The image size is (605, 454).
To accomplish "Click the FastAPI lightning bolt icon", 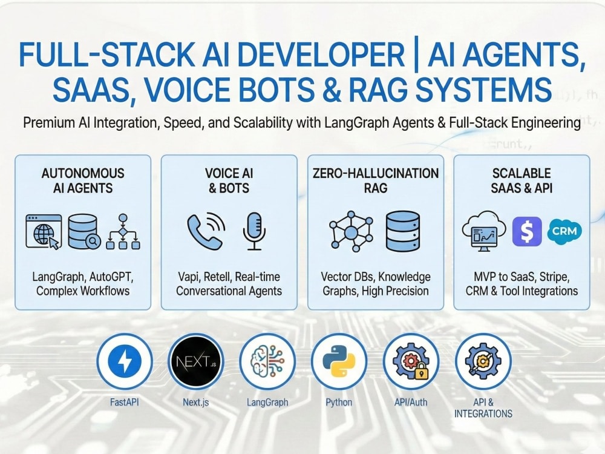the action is point(125,361).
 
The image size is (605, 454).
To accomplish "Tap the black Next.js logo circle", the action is point(196,361).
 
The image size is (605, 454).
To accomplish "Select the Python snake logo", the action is point(339,361).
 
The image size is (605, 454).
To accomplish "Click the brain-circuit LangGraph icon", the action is point(267,361).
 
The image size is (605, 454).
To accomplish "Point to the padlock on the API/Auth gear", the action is point(421,372).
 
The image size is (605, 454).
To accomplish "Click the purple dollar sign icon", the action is point(527,232).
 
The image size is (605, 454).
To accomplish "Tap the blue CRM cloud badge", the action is point(564,231).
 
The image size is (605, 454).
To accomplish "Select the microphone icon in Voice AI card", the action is point(254,231).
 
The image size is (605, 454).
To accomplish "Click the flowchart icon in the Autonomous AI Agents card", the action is point(123,231).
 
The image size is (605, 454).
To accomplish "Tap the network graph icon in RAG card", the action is point(351,232).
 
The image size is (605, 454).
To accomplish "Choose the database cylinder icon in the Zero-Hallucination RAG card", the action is point(403,231).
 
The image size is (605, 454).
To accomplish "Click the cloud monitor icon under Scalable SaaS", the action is point(484,231).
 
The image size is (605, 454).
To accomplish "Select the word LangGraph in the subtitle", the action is point(356,123).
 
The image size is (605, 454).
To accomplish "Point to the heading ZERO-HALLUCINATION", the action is point(376,173).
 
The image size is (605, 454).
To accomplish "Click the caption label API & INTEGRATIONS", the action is point(483,408).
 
